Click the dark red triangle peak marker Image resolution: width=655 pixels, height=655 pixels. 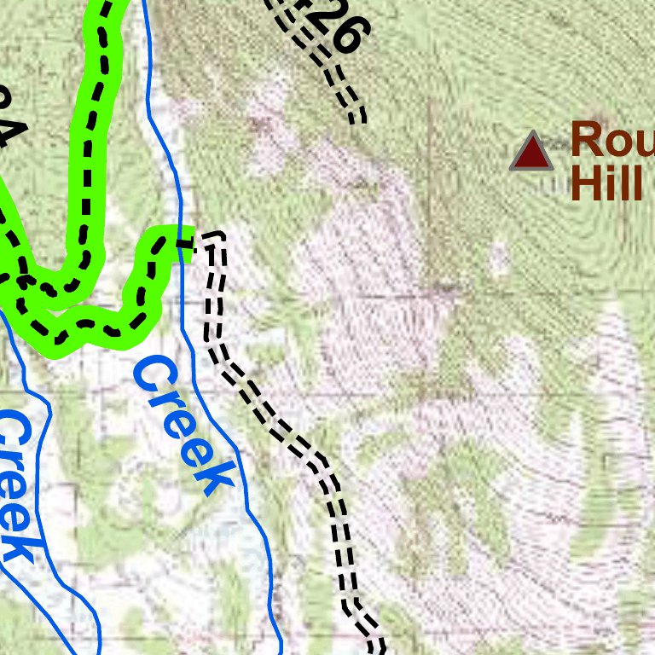[532, 153]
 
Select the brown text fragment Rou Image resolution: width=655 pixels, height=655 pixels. [611, 138]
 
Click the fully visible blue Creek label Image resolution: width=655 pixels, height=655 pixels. [184, 424]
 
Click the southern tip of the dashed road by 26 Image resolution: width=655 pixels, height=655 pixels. [359, 119]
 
